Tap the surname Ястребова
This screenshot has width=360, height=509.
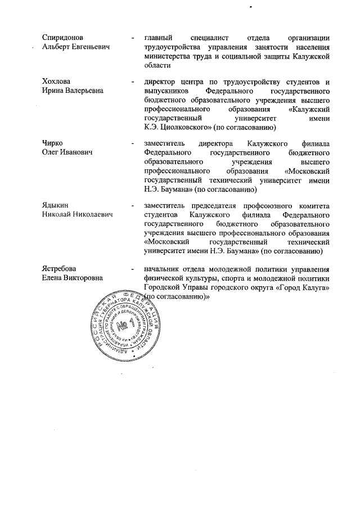point(60,268)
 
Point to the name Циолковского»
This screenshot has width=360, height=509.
point(186,127)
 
